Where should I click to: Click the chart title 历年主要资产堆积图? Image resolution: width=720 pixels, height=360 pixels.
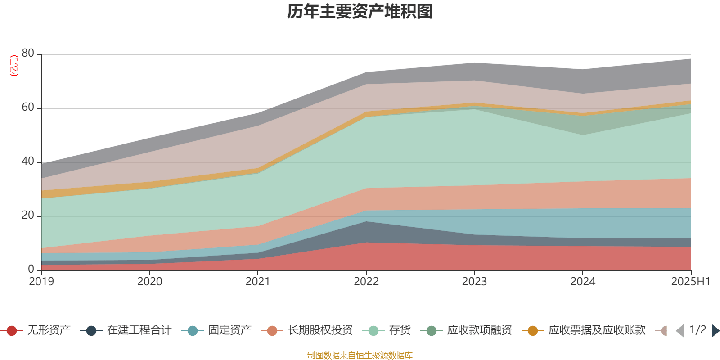[x=360, y=12]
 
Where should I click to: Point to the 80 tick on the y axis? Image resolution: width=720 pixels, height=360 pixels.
[x=27, y=53]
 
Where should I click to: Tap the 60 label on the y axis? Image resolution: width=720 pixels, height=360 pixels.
[x=27, y=107]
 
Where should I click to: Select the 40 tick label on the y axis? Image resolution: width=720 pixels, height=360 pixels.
[x=27, y=161]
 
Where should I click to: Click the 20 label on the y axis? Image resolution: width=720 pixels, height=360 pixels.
[x=27, y=215]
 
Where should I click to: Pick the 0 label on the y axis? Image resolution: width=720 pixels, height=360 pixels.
[x=31, y=269]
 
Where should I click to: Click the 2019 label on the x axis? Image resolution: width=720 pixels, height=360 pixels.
[x=41, y=282]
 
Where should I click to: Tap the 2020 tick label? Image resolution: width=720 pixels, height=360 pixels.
[x=149, y=282]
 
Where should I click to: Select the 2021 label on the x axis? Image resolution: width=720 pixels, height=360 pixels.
[x=258, y=282]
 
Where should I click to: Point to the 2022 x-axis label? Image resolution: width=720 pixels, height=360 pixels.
[x=366, y=282]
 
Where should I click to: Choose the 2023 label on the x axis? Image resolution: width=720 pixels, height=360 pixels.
[x=474, y=282]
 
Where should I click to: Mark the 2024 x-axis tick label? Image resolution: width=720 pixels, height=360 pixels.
[x=583, y=282]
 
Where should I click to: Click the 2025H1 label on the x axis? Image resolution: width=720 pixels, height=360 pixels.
[x=690, y=282]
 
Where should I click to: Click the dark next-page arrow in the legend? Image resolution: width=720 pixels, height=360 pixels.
[x=715, y=331]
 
